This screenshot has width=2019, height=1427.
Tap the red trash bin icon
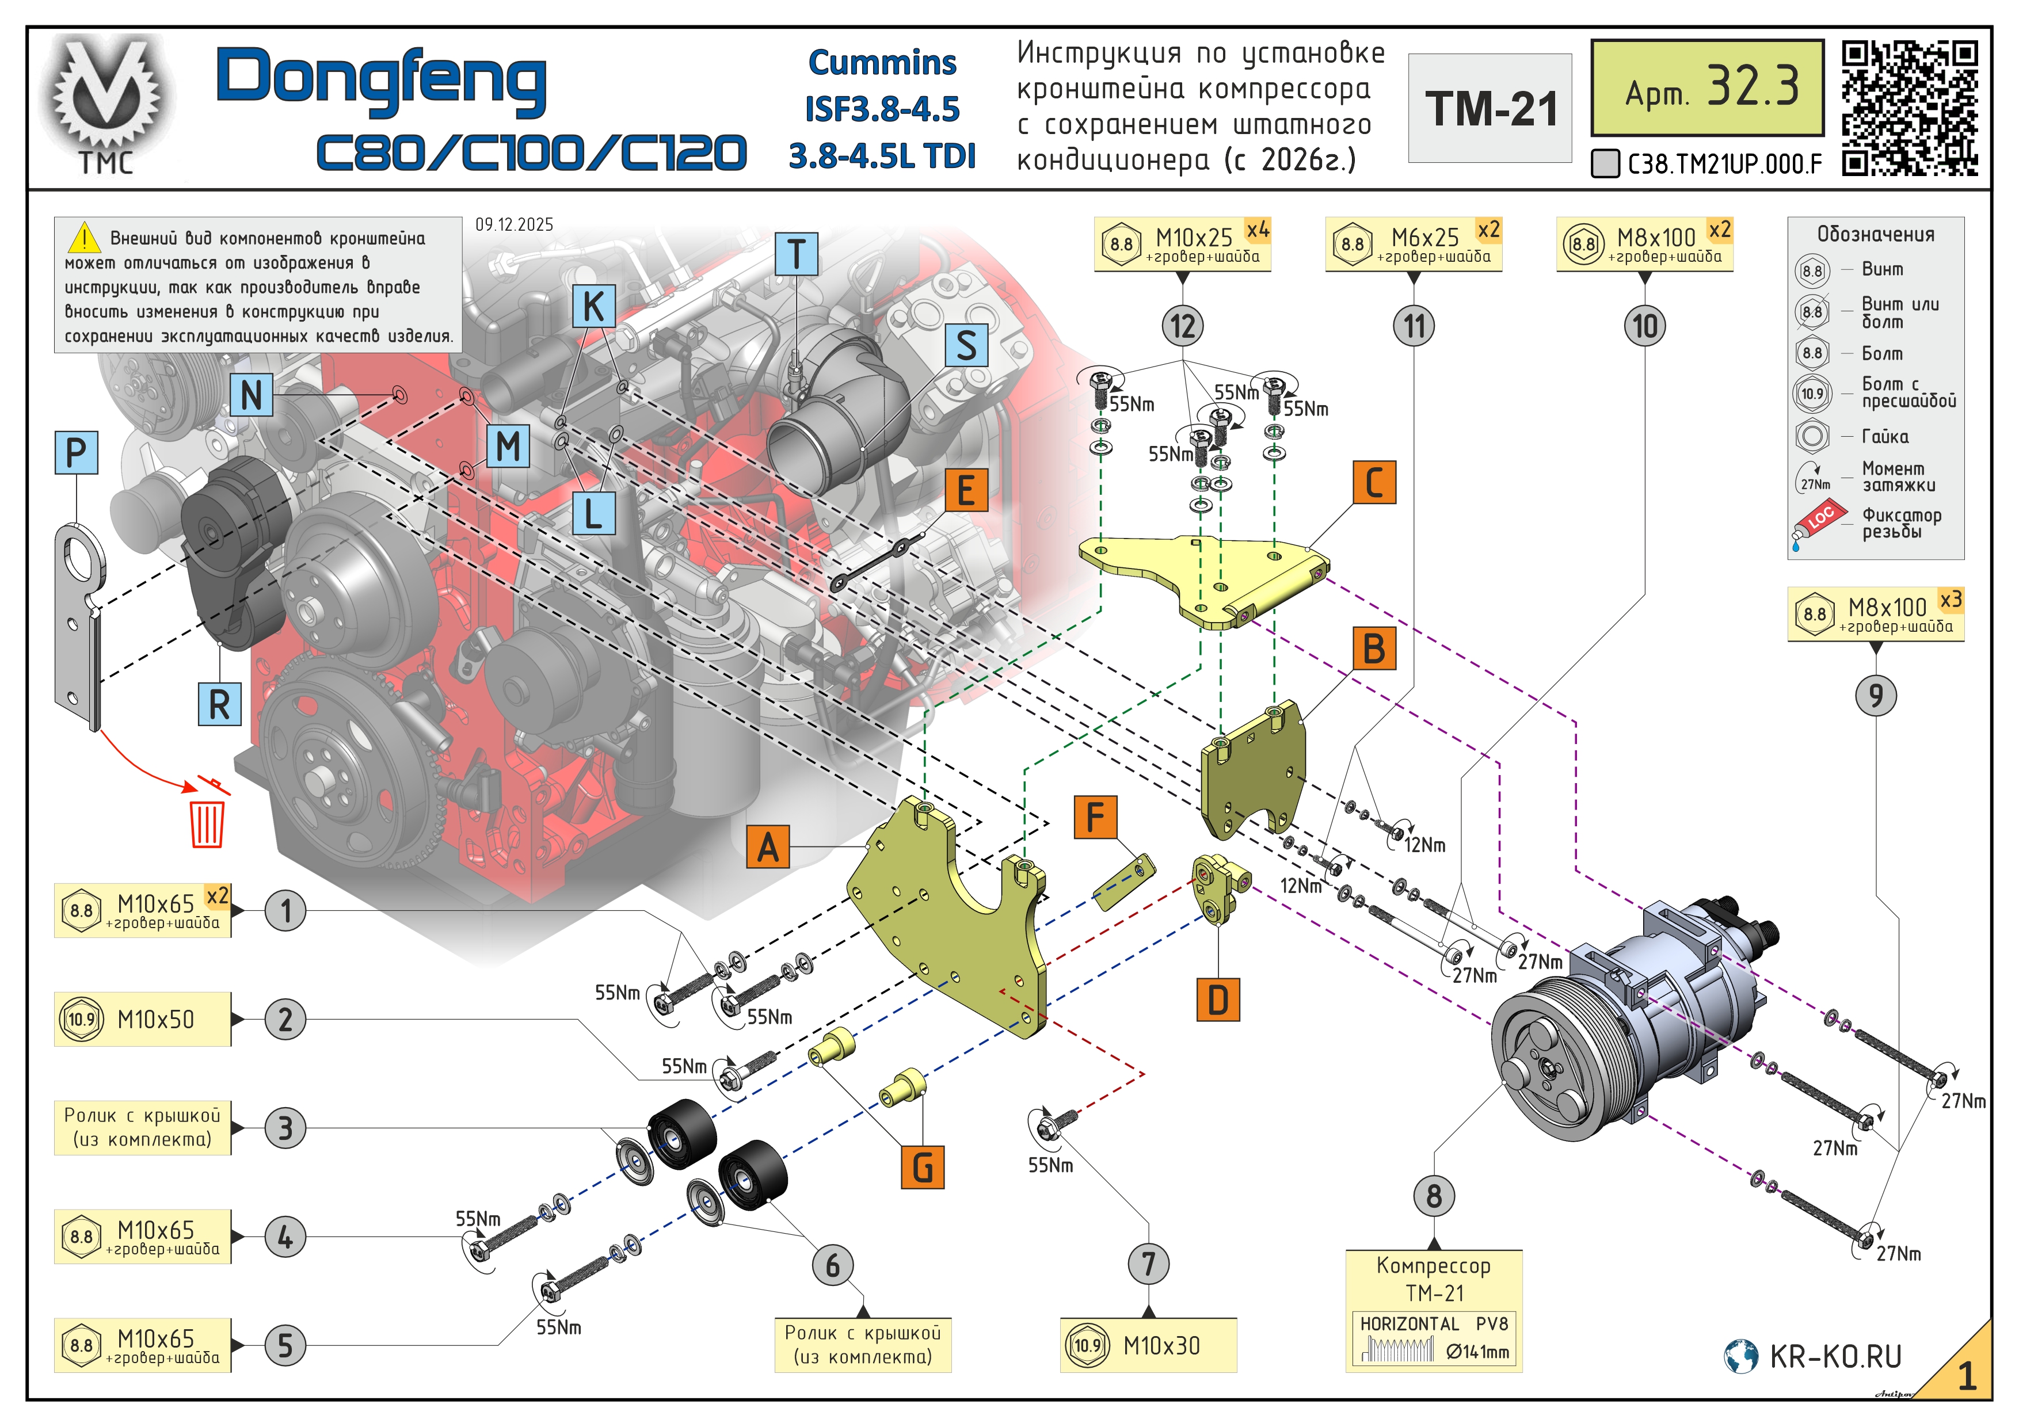coord(208,819)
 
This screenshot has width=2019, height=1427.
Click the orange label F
coord(1095,817)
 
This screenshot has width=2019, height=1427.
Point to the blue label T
coord(796,254)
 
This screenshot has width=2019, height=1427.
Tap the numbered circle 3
coord(285,1128)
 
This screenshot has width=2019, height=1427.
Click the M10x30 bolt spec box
coord(1148,1344)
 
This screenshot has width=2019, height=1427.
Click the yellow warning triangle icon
coord(85,238)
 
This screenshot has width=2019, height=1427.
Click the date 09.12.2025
coord(515,224)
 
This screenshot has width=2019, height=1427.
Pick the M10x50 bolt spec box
coord(143,1019)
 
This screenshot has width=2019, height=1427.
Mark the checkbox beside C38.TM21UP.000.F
coord(1605,163)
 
